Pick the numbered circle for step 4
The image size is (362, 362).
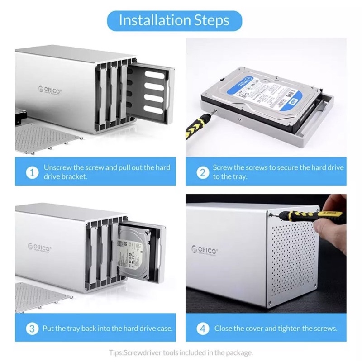tap(202, 329)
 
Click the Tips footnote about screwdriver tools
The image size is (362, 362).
tap(181, 352)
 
